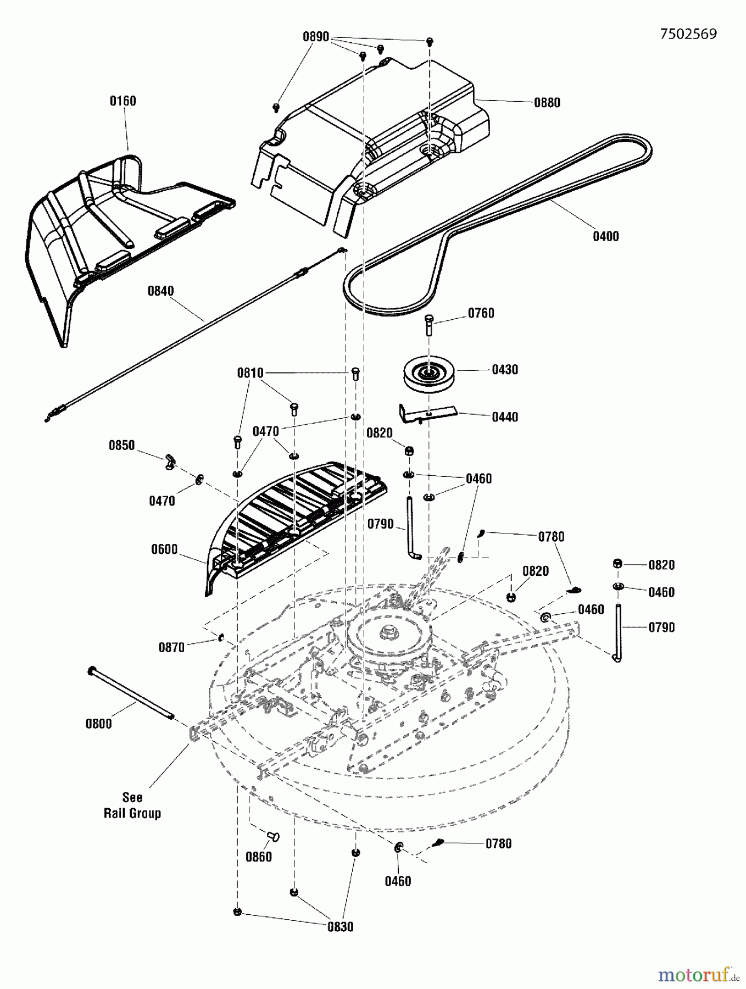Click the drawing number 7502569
click(688, 34)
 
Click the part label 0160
click(123, 101)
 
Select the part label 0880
click(547, 103)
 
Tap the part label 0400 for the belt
click(605, 236)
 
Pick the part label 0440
click(504, 417)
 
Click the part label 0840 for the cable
click(160, 291)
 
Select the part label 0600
click(164, 549)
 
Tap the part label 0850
click(121, 446)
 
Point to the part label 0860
click(258, 857)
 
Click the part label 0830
click(340, 927)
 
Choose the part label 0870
click(171, 648)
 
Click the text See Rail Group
click(132, 805)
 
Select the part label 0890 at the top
click(315, 37)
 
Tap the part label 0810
click(250, 373)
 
